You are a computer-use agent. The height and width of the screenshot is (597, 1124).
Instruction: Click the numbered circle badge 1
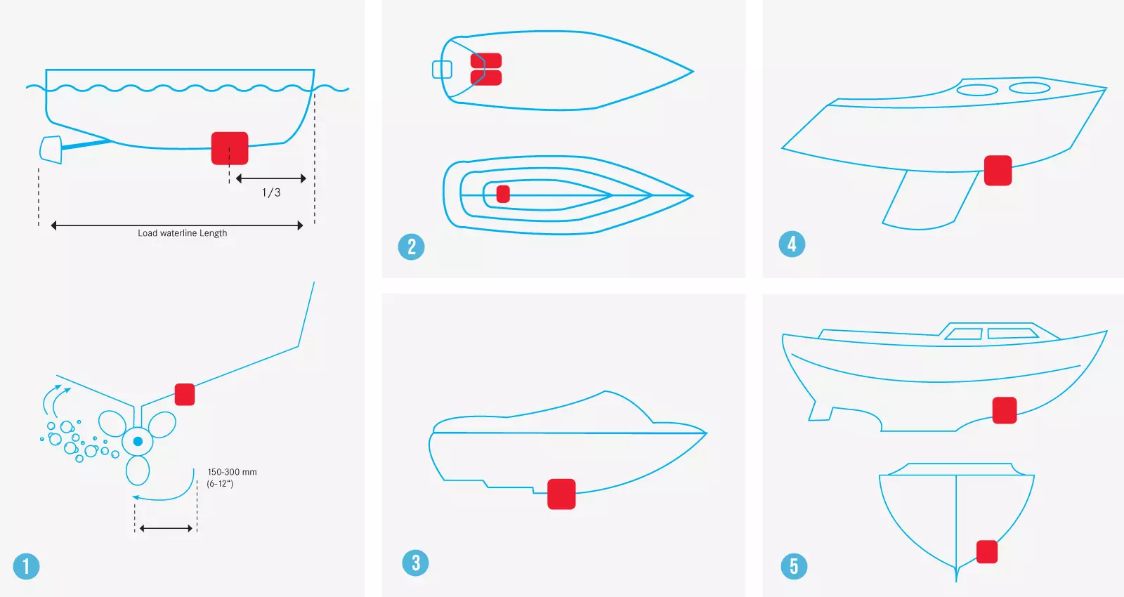coord(26,566)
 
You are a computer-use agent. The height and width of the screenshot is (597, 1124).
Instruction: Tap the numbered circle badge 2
coord(411,247)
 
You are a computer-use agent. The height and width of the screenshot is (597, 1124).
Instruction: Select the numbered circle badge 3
coord(415,563)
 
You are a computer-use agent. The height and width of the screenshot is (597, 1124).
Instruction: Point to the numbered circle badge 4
coord(792,244)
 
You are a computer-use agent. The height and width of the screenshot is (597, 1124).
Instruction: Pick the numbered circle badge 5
coord(794,566)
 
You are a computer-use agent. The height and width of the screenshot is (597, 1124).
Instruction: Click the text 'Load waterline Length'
coord(182,233)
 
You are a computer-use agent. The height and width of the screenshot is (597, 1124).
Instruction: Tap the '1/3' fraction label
coord(271,192)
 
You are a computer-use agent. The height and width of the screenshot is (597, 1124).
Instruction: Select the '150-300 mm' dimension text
coord(233,472)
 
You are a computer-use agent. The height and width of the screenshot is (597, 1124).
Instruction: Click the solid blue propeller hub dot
coord(138,442)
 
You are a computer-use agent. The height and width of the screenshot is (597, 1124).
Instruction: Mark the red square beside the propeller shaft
coord(185,394)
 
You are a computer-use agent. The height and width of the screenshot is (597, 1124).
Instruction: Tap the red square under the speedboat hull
coord(561,494)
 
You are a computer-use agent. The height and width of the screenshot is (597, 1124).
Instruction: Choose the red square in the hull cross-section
coord(987,552)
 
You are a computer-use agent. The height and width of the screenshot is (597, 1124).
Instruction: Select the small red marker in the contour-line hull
coord(503,194)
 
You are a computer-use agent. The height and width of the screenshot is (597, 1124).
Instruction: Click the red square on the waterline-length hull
coord(230,148)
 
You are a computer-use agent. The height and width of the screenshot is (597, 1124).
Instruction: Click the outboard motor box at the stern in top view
coord(442,70)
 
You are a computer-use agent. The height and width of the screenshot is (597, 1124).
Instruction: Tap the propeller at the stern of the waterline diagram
coord(51,150)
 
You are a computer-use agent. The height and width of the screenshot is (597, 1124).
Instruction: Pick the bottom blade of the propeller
coord(138,471)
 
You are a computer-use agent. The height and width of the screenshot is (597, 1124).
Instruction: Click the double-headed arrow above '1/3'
coord(271,178)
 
